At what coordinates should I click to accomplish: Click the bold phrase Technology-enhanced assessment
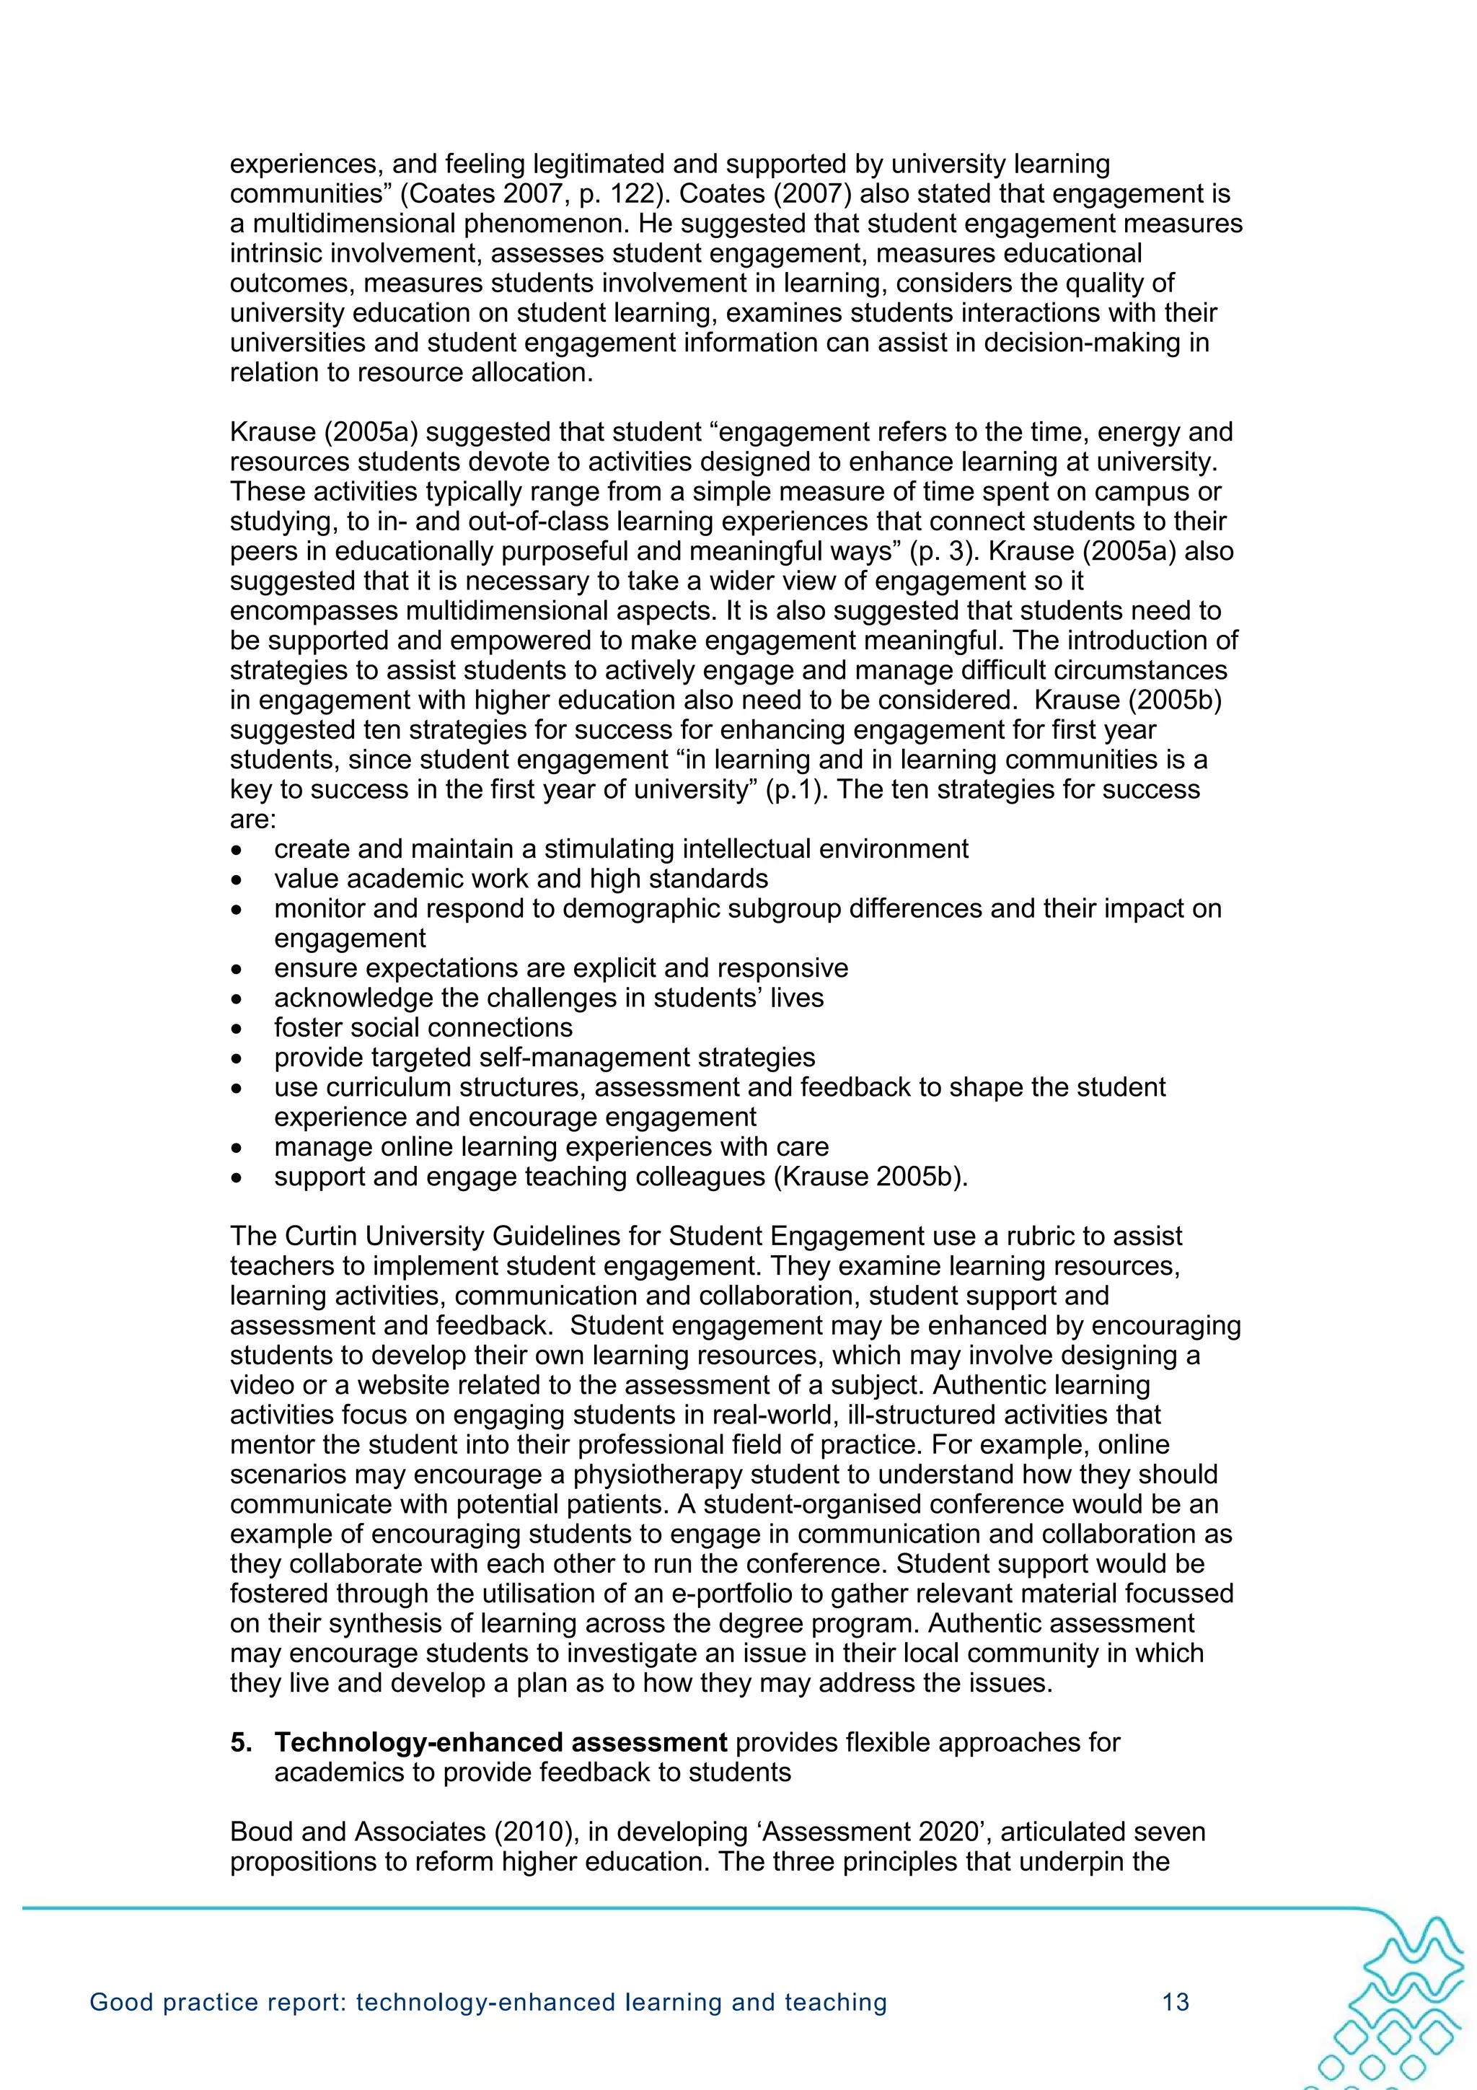click(501, 1742)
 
